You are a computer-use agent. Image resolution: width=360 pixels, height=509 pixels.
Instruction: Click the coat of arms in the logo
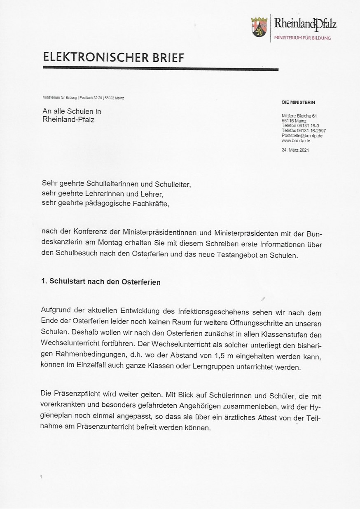pos(259,27)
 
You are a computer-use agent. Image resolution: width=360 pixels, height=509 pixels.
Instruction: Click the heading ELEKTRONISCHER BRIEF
pos(113,57)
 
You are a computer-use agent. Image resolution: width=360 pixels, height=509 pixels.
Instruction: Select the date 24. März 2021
pos(295,150)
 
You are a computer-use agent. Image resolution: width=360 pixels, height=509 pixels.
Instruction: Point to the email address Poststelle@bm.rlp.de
pos(302,136)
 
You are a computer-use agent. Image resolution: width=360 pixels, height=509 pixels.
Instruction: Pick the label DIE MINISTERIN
pos(298,102)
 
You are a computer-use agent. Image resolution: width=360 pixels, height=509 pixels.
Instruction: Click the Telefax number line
pos(304,131)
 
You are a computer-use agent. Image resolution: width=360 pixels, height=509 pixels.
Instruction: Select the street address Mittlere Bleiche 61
pos(299,116)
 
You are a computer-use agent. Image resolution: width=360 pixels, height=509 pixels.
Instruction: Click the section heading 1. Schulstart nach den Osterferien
pos(101,282)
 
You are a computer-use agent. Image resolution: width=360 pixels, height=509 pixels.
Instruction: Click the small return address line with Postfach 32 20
pos(83,98)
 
